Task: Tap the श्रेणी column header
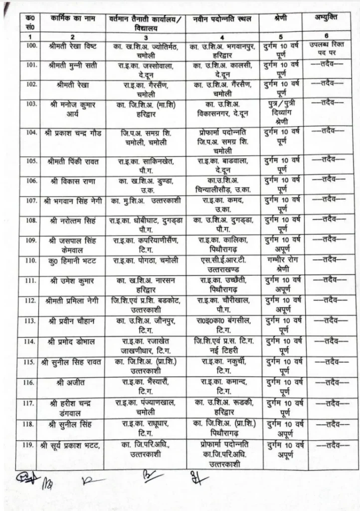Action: tap(281, 19)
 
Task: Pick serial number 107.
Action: tap(31, 200)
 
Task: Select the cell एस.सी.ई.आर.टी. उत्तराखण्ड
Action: tap(224, 264)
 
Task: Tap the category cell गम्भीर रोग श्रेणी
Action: tap(282, 264)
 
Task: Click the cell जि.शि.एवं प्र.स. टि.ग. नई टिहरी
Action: tap(224, 346)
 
